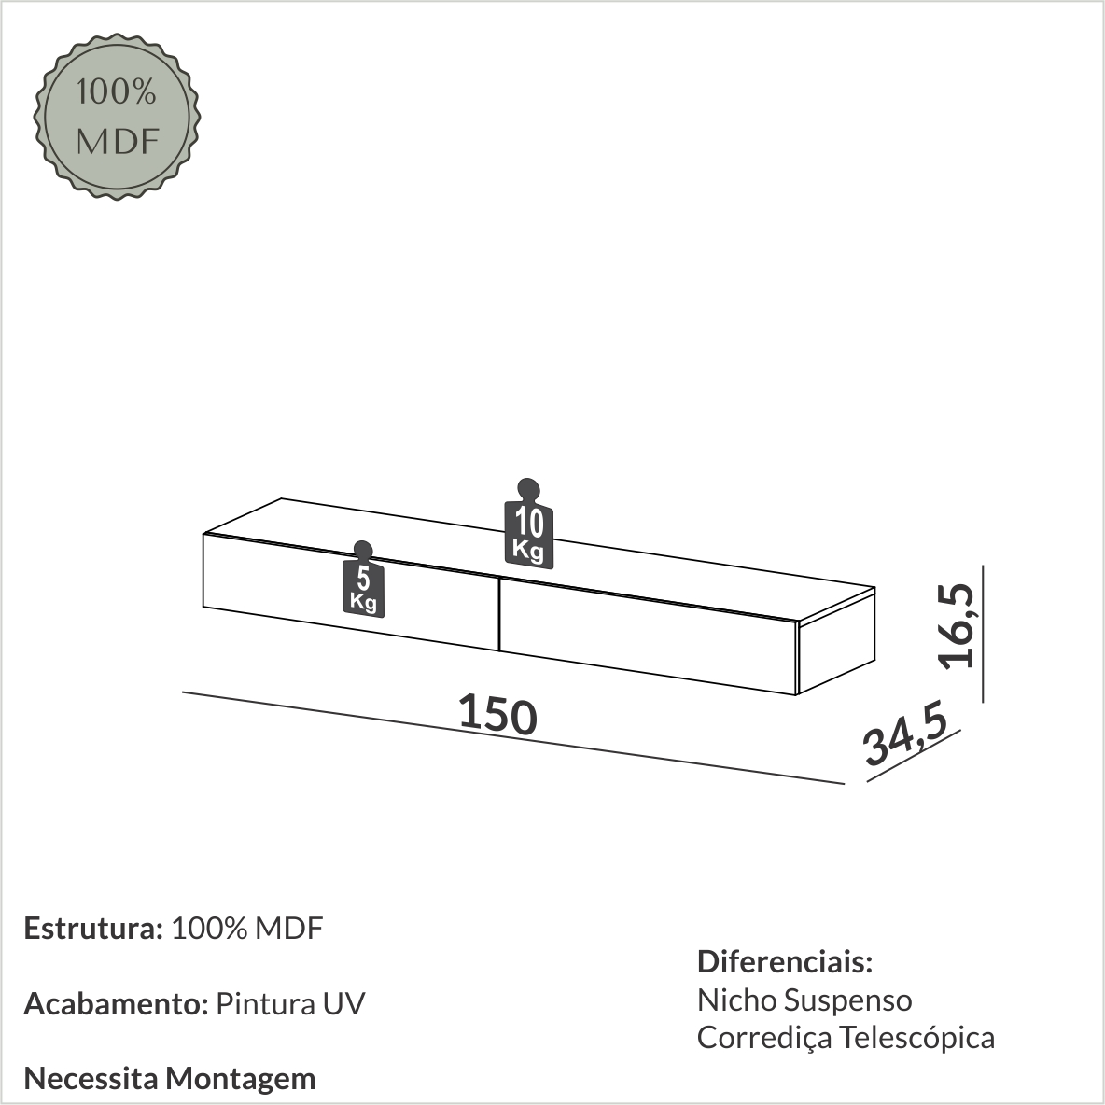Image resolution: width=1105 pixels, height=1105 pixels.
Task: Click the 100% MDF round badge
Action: coord(117,117)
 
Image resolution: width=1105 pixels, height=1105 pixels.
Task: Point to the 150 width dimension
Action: coord(497,715)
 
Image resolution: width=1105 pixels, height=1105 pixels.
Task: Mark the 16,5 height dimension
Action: coord(958,625)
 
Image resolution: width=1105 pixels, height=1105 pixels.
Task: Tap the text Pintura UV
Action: coord(290,1004)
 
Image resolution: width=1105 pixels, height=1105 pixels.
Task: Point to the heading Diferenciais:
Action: coord(785,961)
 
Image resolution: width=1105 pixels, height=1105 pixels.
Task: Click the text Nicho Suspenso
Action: coord(804,1000)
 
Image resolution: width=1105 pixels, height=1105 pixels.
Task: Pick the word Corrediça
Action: coord(763,1038)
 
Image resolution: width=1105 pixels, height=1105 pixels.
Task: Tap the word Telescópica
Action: coord(916,1038)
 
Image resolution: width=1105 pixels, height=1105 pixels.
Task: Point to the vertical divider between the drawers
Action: coord(500,614)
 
